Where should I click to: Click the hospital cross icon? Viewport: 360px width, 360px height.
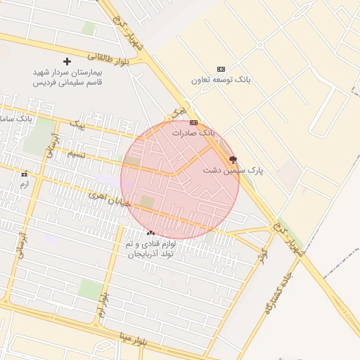[x=67, y=61]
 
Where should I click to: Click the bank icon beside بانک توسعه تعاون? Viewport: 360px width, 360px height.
[x=221, y=69]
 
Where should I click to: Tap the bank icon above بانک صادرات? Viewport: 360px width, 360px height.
[x=193, y=122]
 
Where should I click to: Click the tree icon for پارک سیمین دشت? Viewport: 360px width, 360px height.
[x=233, y=160]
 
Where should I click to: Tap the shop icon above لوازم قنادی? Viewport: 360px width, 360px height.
[x=150, y=232]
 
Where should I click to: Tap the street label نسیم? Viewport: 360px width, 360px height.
[x=77, y=154]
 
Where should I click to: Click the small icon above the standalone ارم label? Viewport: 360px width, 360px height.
[x=25, y=174]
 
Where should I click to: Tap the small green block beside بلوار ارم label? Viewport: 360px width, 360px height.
[x=89, y=288]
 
